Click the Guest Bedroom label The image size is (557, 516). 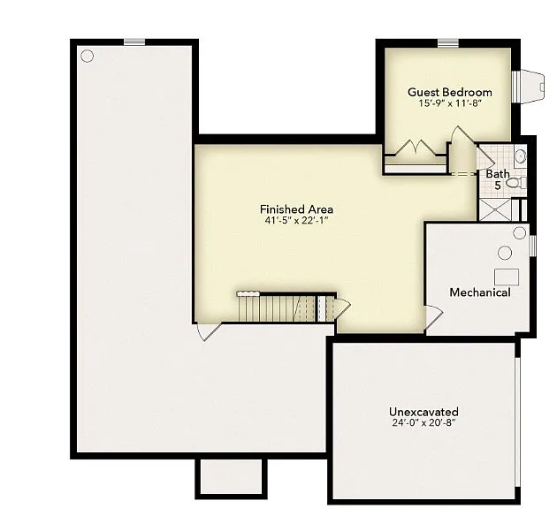click(x=449, y=92)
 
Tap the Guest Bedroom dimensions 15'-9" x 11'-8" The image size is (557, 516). click(x=449, y=103)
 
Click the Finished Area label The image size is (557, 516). click(x=296, y=209)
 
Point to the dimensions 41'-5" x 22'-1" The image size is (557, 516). click(x=296, y=221)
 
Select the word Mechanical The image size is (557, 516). click(x=479, y=292)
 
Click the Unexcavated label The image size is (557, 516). click(x=423, y=412)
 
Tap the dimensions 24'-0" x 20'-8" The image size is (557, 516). click(x=423, y=423)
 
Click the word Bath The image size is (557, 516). click(x=497, y=174)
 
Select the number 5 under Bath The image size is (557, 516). click(x=497, y=186)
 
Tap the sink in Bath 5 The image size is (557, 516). click(x=520, y=156)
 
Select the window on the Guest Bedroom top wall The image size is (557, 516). click(x=447, y=42)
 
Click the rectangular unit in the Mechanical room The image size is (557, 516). click(x=507, y=275)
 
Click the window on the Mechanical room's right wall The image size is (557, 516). click(x=532, y=244)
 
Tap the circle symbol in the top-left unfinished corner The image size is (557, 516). click(x=87, y=56)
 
